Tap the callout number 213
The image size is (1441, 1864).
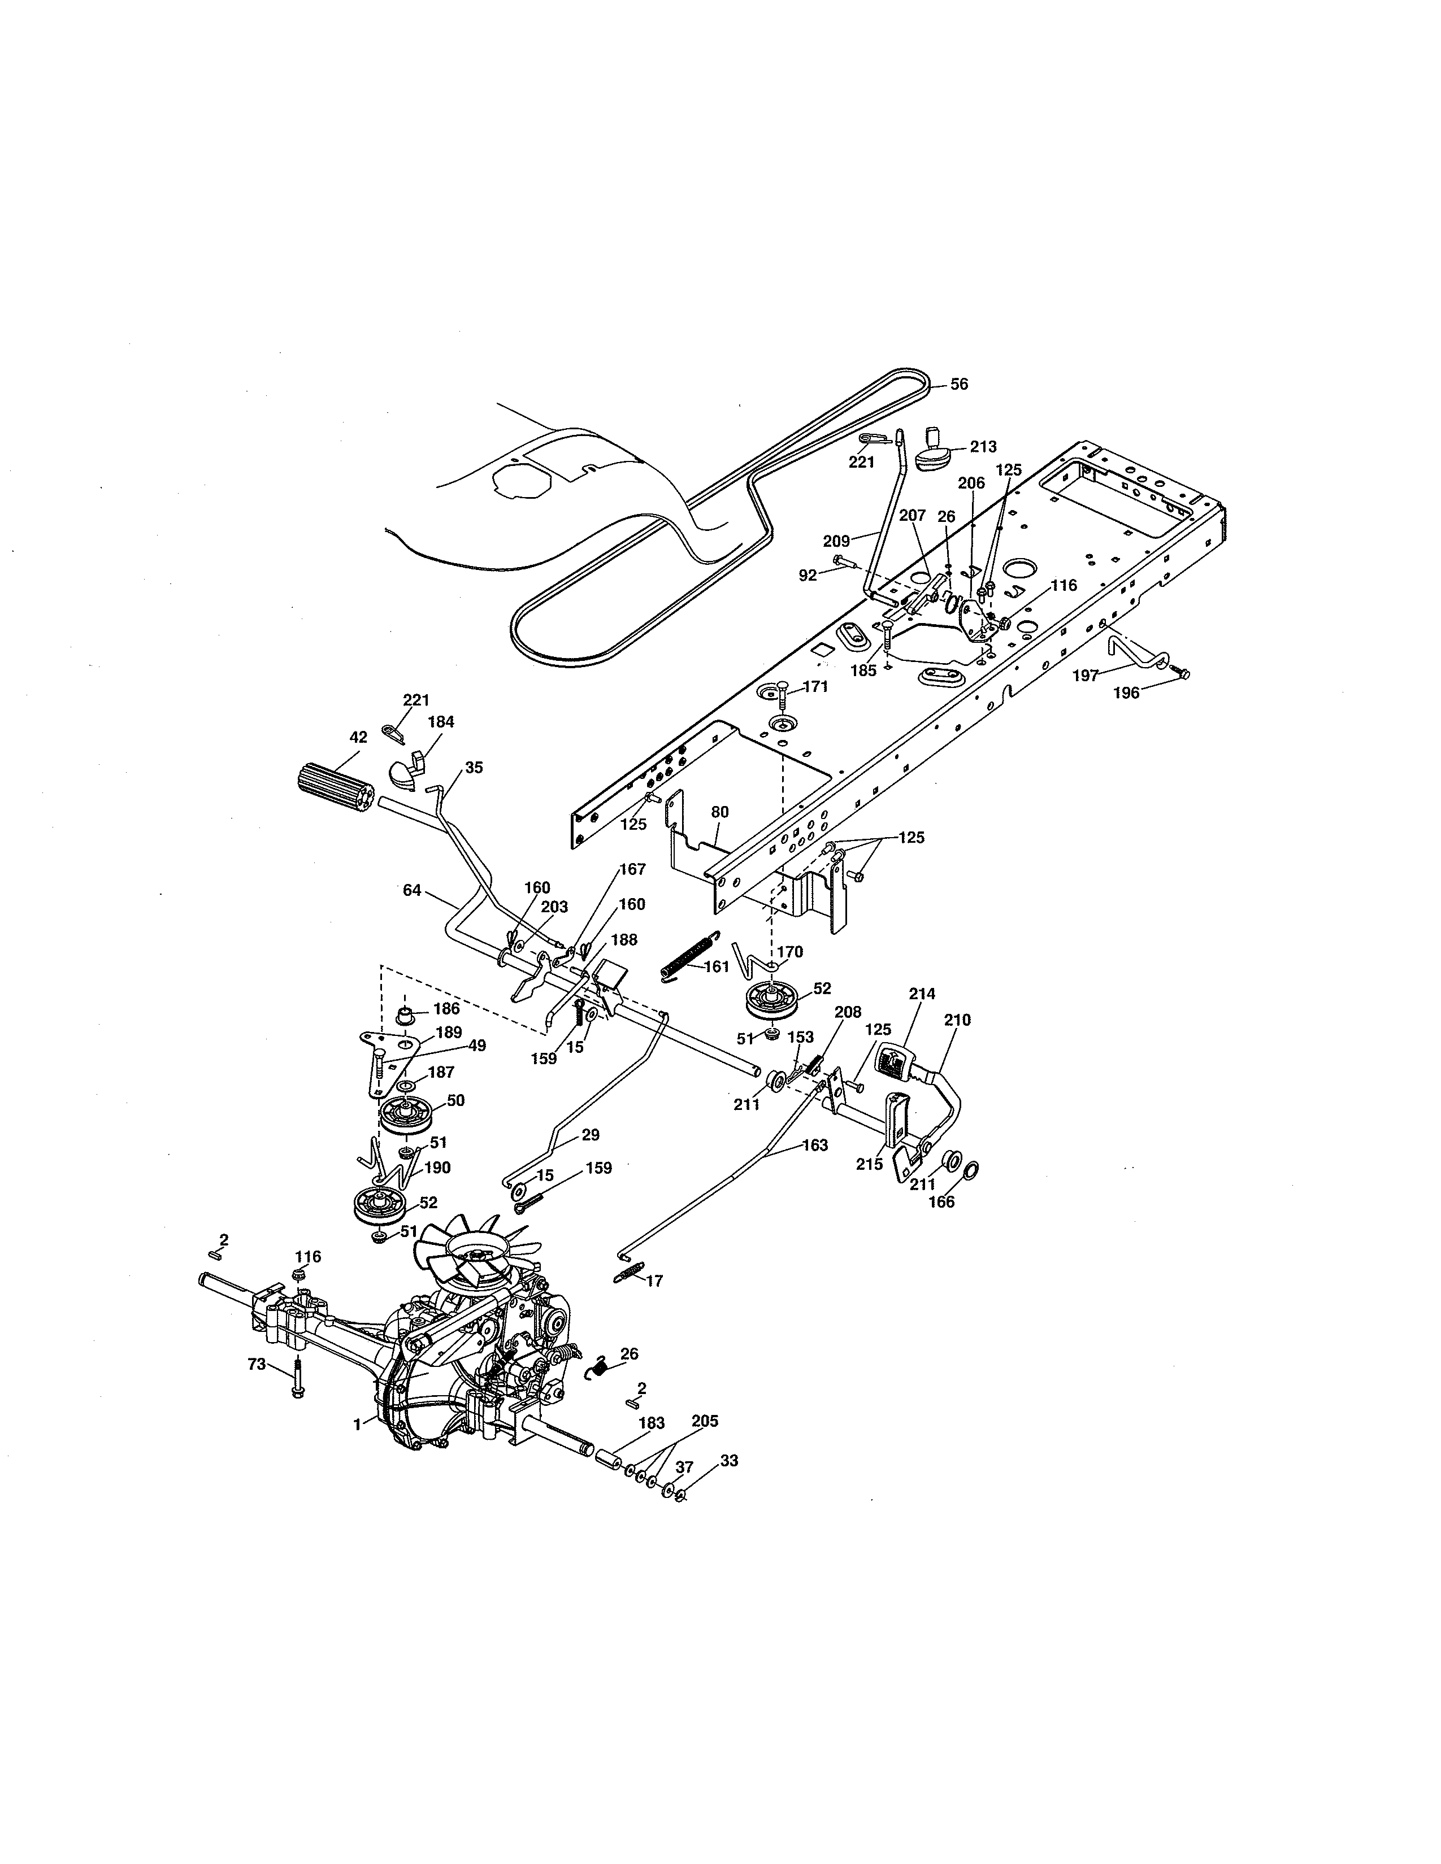coord(983,446)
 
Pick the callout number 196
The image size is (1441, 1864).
coord(1126,693)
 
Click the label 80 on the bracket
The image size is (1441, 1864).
coord(719,812)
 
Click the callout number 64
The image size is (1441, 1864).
coord(411,890)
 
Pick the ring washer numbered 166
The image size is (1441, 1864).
coord(971,1169)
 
